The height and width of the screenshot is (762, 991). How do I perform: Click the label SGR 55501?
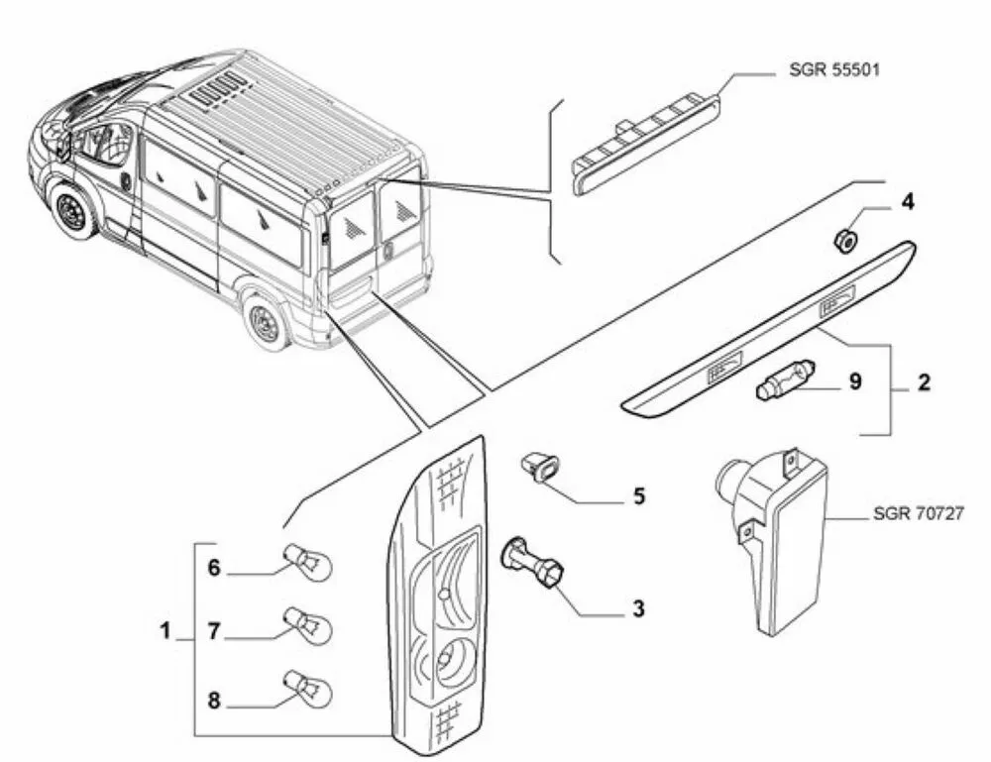click(x=832, y=71)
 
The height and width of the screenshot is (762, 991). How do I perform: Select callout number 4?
click(x=908, y=204)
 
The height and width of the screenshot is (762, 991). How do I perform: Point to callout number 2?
click(x=924, y=382)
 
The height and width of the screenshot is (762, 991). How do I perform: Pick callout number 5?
click(x=638, y=495)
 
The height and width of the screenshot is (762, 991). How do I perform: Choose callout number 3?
click(x=637, y=606)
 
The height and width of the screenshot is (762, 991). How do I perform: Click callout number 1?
click(x=165, y=629)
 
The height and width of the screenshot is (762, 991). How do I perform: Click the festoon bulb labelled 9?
click(x=784, y=380)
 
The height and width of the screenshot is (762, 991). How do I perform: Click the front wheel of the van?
click(x=70, y=211)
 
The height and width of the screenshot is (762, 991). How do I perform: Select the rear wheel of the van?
click(x=265, y=320)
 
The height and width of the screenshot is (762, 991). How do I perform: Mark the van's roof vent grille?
click(x=220, y=86)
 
